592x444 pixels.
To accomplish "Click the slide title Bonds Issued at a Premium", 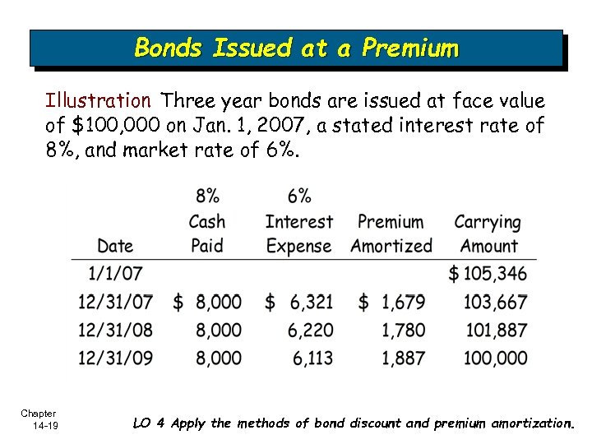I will [x=296, y=48].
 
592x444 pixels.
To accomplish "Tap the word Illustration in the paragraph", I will [x=98, y=101].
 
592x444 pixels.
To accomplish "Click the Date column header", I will [x=114, y=246].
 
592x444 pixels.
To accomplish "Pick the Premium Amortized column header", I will [x=391, y=234].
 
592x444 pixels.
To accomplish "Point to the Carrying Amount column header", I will [x=488, y=234].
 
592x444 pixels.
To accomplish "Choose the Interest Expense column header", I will [x=299, y=234].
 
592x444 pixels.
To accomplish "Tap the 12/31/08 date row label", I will [x=115, y=330].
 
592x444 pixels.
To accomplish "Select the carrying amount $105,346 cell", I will [x=488, y=274].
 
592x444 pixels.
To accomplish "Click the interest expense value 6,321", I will [x=311, y=302].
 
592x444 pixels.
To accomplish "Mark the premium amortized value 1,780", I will [x=403, y=330].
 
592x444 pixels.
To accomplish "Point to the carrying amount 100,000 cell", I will [x=495, y=358].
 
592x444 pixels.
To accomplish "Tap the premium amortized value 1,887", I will [x=403, y=358].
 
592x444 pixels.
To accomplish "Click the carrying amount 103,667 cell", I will [x=495, y=302].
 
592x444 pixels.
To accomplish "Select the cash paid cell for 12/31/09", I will [x=219, y=358].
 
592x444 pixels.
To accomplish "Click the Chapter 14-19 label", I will [x=39, y=419].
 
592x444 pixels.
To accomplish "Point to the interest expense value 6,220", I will [x=311, y=330].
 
